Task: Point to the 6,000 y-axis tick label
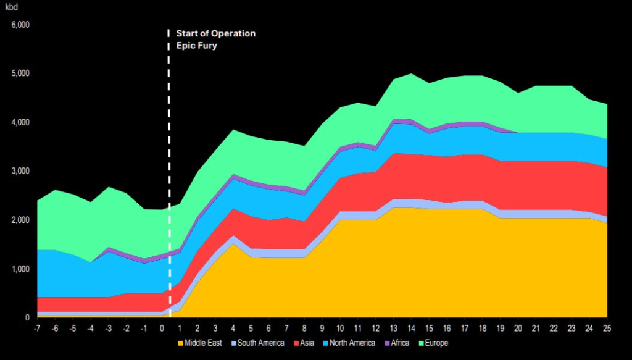pyautogui.click(x=21, y=25)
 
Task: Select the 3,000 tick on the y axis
pyautogui.click(x=21, y=171)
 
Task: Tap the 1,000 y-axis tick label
pyautogui.click(x=21, y=269)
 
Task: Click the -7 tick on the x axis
pyautogui.click(x=37, y=328)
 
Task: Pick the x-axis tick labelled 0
pyautogui.click(x=162, y=328)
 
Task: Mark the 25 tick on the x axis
pyautogui.click(x=608, y=328)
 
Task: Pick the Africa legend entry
pyautogui.click(x=400, y=343)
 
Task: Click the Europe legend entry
pyautogui.click(x=435, y=343)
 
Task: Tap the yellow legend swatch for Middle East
pyautogui.click(x=180, y=343)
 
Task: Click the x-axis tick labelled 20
pyautogui.click(x=518, y=328)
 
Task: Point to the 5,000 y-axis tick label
pyautogui.click(x=21, y=73)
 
